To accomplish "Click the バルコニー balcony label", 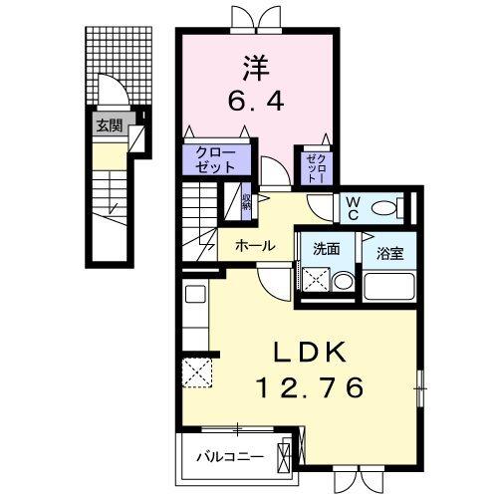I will (x=229, y=457).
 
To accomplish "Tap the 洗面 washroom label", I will (x=326, y=249).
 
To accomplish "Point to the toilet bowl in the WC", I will (x=400, y=207).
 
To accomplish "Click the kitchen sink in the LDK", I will (x=194, y=295).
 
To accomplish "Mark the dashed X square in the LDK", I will (x=196, y=373).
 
